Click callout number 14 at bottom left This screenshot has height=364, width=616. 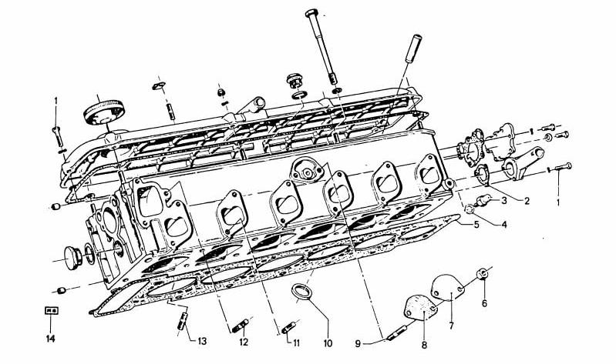(51, 339)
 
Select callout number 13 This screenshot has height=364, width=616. (201, 341)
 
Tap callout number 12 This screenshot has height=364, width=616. (244, 342)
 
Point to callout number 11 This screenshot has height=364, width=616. (296, 343)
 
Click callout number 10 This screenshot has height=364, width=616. (328, 343)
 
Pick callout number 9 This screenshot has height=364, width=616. (358, 343)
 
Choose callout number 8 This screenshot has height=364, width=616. (424, 346)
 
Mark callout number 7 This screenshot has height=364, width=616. (451, 326)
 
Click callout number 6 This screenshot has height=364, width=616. (484, 302)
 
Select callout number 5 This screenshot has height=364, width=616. (476, 225)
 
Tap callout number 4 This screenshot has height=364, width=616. (503, 225)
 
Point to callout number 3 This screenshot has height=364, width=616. (504, 201)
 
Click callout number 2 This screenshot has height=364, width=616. (527, 201)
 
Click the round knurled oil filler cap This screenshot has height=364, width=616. (104, 112)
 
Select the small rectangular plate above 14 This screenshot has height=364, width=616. (51, 311)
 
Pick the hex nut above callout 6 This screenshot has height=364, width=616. (483, 274)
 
